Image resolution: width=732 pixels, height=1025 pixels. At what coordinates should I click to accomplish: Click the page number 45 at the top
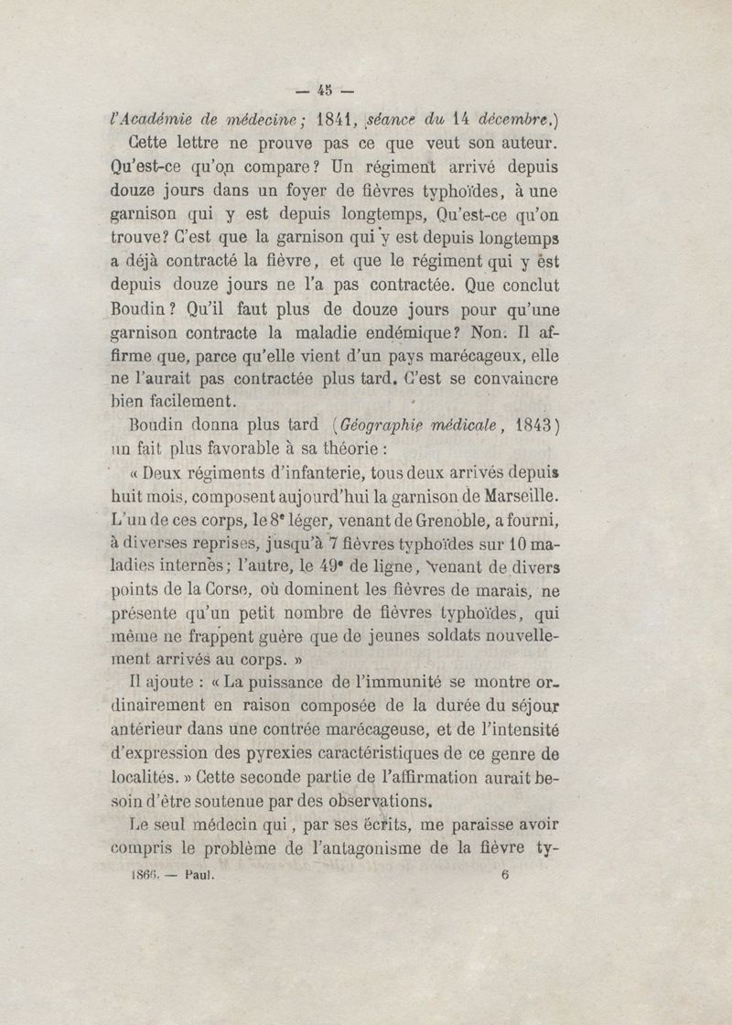pos(323,90)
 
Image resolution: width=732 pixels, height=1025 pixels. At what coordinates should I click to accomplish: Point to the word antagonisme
pos(371,847)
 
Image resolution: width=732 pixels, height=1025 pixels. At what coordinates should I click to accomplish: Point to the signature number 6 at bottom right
pos(504,874)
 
